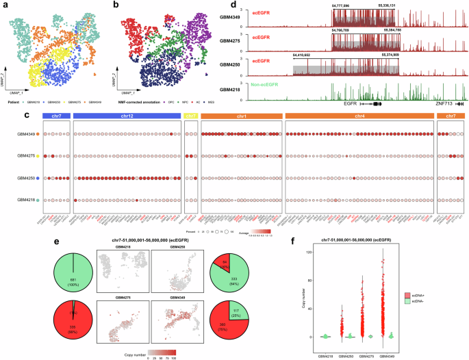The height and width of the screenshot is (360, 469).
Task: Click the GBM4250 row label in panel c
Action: [x=25, y=178]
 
